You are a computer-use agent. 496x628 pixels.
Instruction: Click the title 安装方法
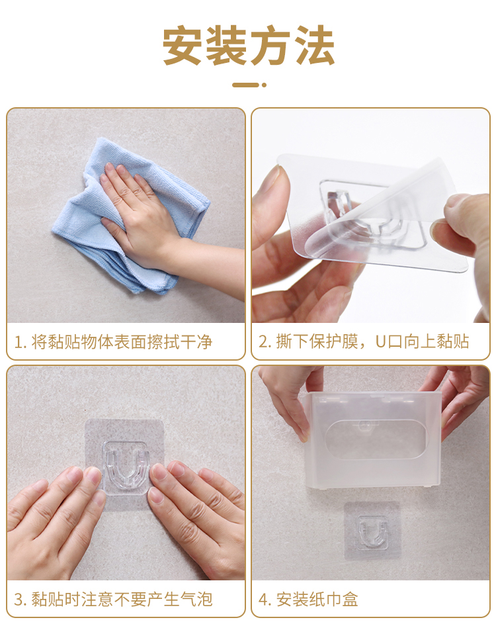(248, 45)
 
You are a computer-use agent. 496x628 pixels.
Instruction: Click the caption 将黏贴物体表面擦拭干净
(122, 342)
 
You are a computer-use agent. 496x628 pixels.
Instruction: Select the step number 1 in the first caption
(19, 342)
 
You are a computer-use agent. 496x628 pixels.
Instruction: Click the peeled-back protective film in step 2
(380, 208)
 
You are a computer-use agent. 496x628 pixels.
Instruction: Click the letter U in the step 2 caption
(380, 342)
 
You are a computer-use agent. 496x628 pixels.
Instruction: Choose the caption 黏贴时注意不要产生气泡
(122, 600)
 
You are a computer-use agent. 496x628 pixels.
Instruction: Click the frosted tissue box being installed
(373, 440)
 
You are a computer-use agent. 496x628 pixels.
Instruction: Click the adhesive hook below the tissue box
(373, 531)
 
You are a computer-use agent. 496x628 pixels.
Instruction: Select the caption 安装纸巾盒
(317, 600)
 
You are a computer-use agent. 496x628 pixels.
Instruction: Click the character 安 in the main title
(183, 45)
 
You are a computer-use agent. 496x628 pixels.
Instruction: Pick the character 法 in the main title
(315, 45)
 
